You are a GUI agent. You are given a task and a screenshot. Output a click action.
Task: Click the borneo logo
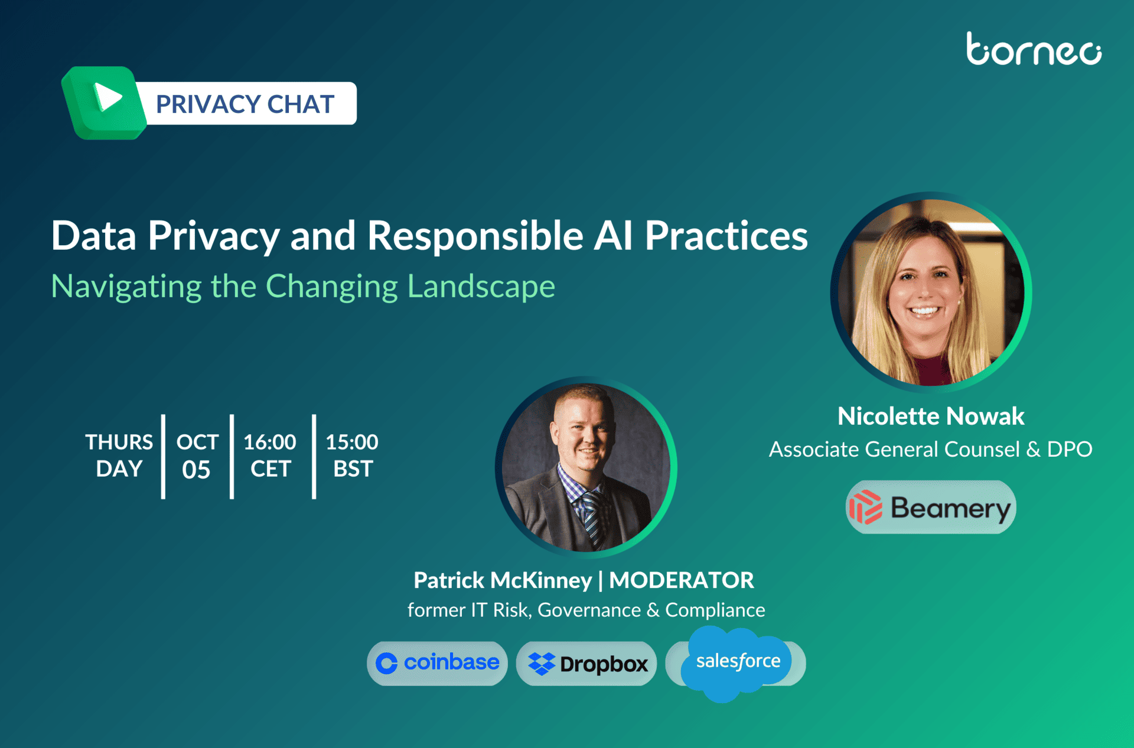pyautogui.click(x=1034, y=48)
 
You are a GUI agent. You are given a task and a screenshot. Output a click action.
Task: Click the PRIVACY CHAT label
pyautogui.click(x=245, y=104)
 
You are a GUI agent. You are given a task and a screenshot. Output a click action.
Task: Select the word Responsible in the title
pyautogui.click(x=475, y=236)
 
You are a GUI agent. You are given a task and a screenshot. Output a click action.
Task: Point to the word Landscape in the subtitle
pyautogui.click(x=481, y=287)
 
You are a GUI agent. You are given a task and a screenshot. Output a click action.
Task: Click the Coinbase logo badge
pyautogui.click(x=437, y=664)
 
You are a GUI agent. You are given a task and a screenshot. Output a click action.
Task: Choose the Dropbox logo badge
pyautogui.click(x=586, y=664)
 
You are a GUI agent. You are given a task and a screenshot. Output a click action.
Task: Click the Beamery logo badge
pyautogui.click(x=931, y=507)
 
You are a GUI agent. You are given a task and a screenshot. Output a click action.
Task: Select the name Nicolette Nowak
pyautogui.click(x=931, y=417)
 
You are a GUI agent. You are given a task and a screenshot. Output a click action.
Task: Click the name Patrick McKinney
pyautogui.click(x=503, y=580)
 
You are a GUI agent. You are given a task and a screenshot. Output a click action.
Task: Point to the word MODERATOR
pyautogui.click(x=682, y=580)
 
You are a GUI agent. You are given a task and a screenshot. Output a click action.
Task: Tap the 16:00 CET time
pyautogui.click(x=270, y=456)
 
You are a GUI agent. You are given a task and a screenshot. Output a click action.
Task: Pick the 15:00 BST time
pyautogui.click(x=352, y=456)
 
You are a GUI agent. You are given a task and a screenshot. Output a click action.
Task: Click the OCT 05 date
pyautogui.click(x=197, y=456)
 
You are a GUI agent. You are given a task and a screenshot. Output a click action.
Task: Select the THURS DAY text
pyautogui.click(x=119, y=456)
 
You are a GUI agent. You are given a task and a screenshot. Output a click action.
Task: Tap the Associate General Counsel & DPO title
pyautogui.click(x=931, y=450)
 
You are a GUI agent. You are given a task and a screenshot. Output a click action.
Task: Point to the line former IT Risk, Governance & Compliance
pyautogui.click(x=586, y=610)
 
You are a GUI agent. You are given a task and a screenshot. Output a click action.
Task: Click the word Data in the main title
pyautogui.click(x=94, y=236)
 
